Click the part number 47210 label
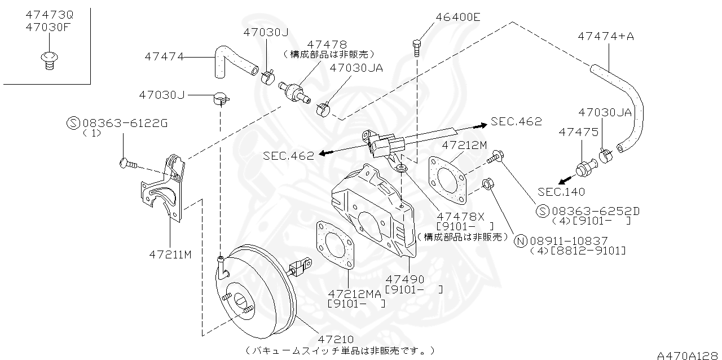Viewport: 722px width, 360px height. [335, 339]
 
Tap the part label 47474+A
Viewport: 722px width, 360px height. [606, 36]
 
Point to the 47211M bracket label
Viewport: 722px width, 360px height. [170, 254]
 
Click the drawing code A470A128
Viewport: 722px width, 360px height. [688, 355]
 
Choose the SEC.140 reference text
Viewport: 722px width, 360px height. [561, 191]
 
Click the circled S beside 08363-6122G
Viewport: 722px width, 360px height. [73, 123]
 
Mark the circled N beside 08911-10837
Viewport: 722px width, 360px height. [521, 240]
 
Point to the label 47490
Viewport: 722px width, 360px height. [404, 279]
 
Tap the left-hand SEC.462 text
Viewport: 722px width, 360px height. [288, 156]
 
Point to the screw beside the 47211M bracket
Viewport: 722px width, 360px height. [127, 164]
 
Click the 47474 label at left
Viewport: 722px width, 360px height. [164, 56]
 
